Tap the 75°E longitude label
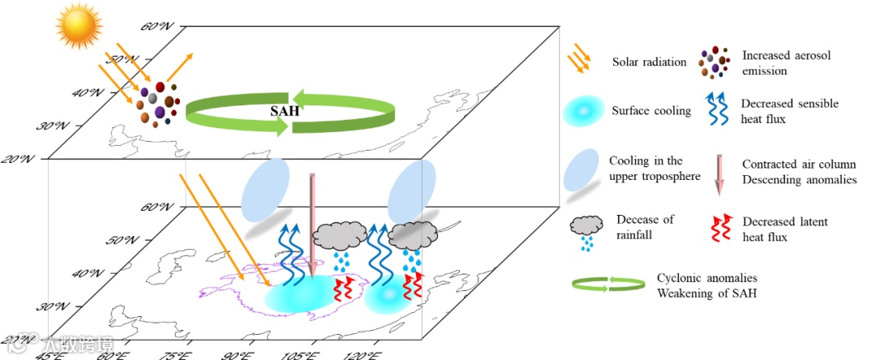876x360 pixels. click(x=182, y=354)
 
